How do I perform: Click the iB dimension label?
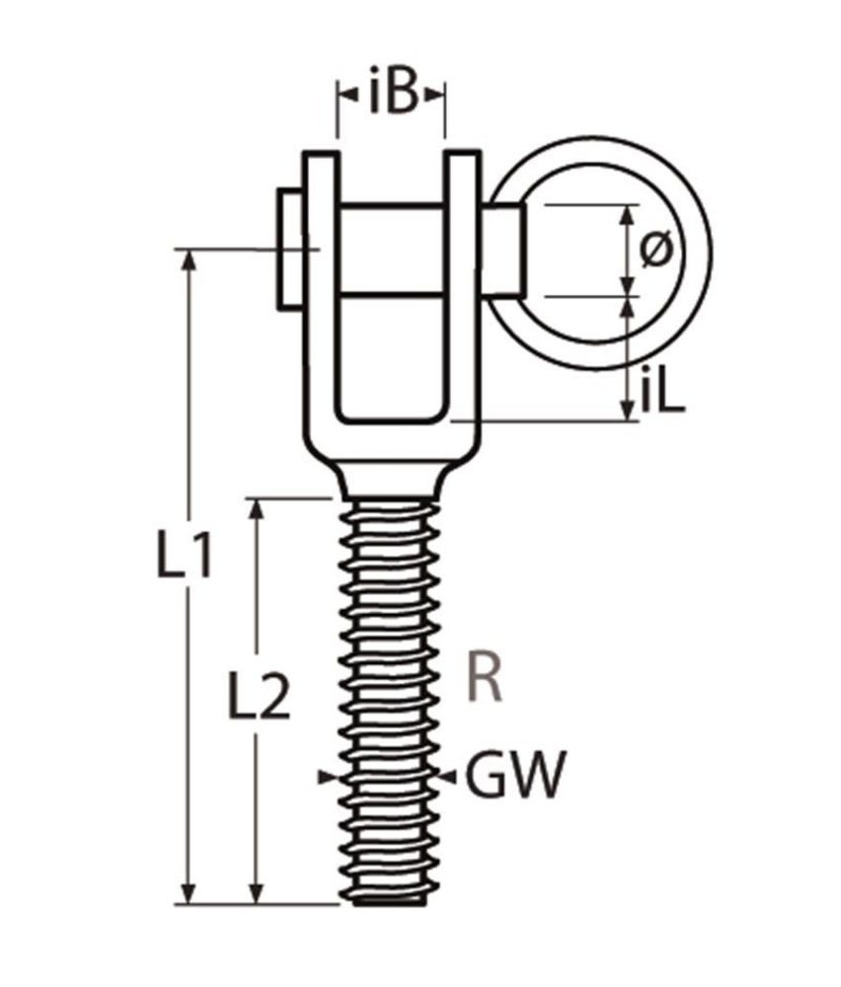pos(392,96)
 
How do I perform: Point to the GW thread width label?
pos(517,776)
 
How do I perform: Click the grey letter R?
pos(485,679)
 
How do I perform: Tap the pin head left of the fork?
pos(290,247)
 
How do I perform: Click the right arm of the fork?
pos(463,296)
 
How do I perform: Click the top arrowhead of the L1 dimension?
pos(188,259)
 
